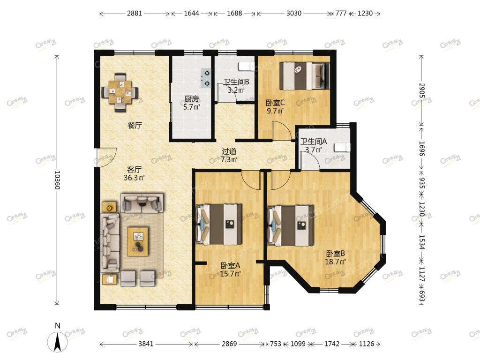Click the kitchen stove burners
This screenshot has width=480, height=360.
206,77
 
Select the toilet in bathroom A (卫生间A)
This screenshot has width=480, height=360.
342,148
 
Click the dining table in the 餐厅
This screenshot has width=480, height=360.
120,92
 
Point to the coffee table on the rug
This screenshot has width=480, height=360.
138,241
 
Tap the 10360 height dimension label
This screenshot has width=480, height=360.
57,180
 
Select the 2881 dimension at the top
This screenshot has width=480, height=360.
135,13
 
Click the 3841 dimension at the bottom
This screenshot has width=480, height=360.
146,344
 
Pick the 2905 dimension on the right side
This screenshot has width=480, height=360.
421,90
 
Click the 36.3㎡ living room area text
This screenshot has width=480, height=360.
134,178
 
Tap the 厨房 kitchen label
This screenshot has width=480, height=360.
192,99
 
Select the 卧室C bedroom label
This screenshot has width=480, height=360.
275,103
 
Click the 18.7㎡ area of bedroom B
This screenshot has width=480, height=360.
336,262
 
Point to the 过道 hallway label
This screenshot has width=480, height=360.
229,151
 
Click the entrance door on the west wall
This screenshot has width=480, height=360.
106,157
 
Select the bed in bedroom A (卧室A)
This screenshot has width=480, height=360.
219,225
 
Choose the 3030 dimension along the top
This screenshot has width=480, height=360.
294,13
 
